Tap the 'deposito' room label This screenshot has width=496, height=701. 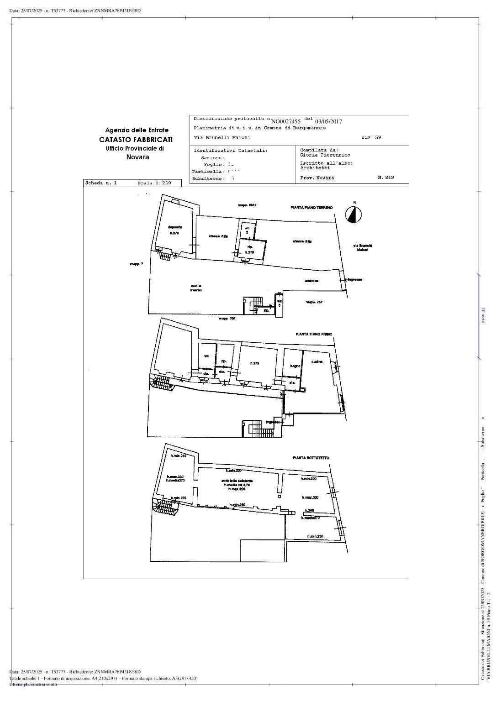pyautogui.click(x=175, y=227)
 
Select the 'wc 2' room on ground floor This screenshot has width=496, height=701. pyautogui.click(x=247, y=230)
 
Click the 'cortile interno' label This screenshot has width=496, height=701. pyautogui.click(x=196, y=288)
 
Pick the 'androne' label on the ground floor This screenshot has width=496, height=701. pyautogui.click(x=311, y=281)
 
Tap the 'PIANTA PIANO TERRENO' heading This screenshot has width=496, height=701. pyautogui.click(x=312, y=208)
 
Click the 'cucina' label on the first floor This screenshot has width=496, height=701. pyautogui.click(x=317, y=361)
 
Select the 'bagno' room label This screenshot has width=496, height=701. pyautogui.click(x=295, y=366)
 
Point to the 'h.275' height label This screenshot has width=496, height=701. pyautogui.click(x=254, y=363)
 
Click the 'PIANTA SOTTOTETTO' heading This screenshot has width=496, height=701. pyautogui.click(x=311, y=458)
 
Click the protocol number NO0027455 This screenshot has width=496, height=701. pyautogui.click(x=286, y=121)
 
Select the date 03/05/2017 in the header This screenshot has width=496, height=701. pyautogui.click(x=328, y=121)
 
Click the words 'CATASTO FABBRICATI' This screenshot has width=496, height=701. pyautogui.click(x=136, y=140)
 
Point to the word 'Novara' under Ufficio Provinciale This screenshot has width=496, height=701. pyautogui.click(x=137, y=157)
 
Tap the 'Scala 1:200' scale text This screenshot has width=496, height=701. pyautogui.click(x=154, y=183)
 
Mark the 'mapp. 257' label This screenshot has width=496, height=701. pyautogui.click(x=314, y=302)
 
